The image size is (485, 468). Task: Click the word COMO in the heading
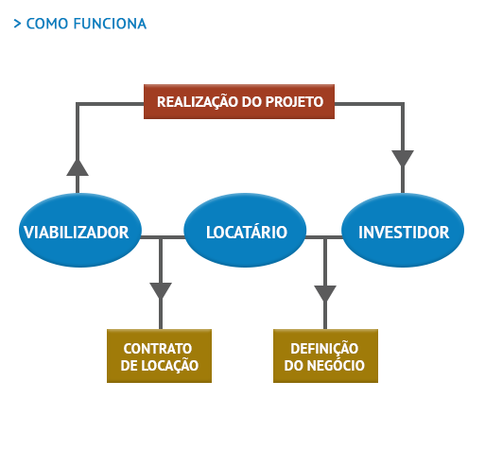(x=47, y=24)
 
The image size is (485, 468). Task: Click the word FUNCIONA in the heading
(x=110, y=24)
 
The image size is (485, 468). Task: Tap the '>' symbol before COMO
(x=17, y=24)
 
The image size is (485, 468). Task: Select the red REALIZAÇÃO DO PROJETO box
(x=239, y=101)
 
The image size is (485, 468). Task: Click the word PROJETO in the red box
(x=294, y=102)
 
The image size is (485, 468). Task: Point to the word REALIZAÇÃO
(x=198, y=102)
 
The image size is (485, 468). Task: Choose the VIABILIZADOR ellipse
(x=80, y=230)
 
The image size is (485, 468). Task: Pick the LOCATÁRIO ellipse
(x=245, y=230)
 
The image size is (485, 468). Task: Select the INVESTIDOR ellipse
(x=403, y=230)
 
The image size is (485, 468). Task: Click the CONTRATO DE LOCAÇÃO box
(x=159, y=355)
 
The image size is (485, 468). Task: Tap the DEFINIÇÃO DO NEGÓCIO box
(x=325, y=355)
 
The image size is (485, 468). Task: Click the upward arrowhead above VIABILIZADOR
(x=78, y=167)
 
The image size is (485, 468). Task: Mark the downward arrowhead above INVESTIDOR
(x=403, y=158)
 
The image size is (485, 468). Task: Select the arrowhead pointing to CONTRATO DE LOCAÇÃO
(x=161, y=290)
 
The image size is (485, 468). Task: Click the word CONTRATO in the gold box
(x=158, y=349)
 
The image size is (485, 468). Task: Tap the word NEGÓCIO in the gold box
(x=336, y=365)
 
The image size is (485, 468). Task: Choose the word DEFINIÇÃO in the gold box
(x=324, y=349)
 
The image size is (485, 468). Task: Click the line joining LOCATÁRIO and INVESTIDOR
(x=324, y=237)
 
